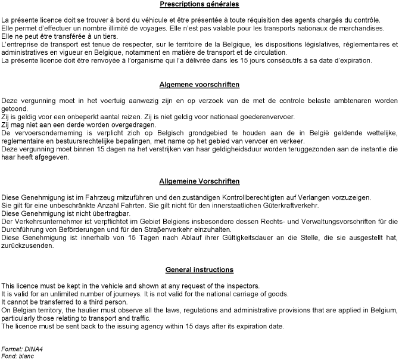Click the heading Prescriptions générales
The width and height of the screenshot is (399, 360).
tap(199, 5)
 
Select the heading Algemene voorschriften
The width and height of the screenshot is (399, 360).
tap(199, 84)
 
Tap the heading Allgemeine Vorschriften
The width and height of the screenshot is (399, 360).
tap(199, 181)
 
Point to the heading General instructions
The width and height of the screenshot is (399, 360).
tap(199, 270)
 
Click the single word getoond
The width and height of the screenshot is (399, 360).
tap(14, 110)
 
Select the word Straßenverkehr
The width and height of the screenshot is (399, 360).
tap(193, 229)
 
